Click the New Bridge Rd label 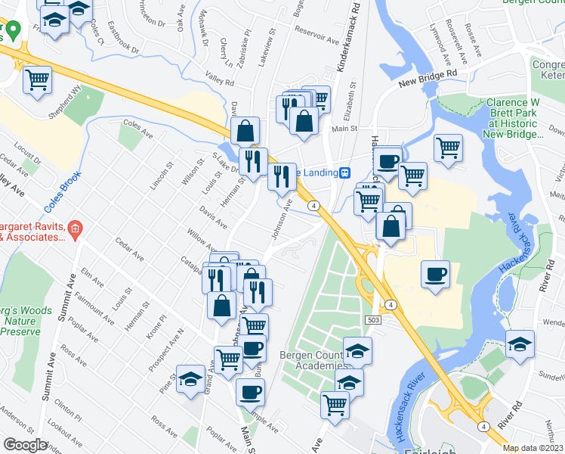(x=429, y=75)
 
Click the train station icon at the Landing (x=344, y=173)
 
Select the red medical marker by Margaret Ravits (x=74, y=229)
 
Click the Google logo (x=25, y=445)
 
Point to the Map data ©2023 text (x=533, y=448)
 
